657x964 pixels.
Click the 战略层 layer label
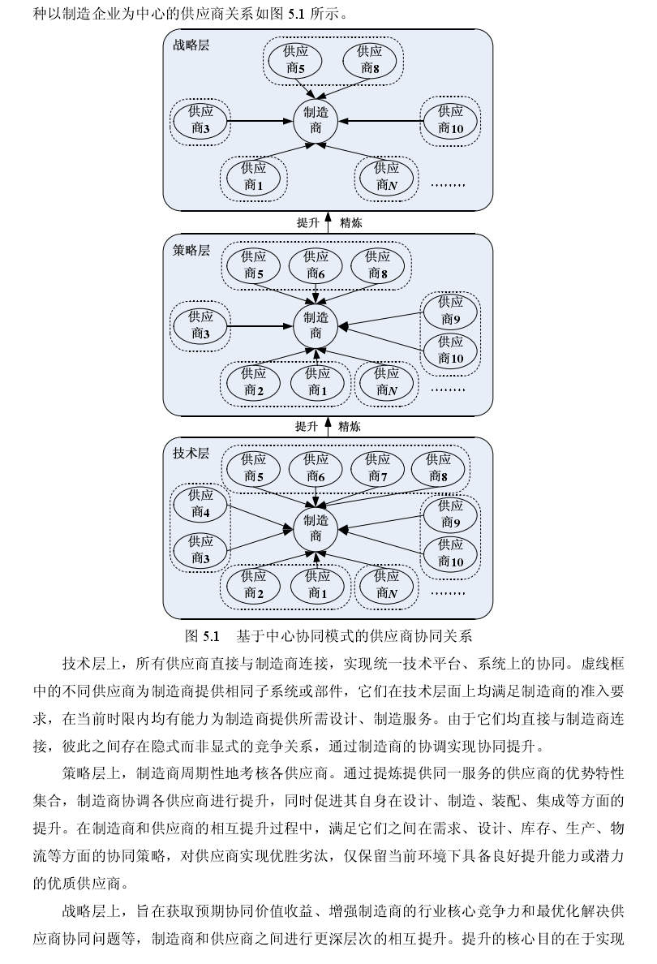(191, 45)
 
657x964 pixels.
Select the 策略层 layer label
(191, 250)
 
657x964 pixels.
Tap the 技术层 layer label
(191, 454)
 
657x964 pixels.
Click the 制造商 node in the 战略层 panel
(316, 120)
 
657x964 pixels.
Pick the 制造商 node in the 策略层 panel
(316, 325)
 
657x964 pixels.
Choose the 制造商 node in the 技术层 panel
(316, 528)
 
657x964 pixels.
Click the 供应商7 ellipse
(377, 468)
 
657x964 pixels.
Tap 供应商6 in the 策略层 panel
(316, 265)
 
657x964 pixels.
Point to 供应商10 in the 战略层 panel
(451, 120)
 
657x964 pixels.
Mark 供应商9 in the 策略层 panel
(451, 310)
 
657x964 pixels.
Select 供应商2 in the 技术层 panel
(254, 585)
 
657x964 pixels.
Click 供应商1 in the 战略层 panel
(254, 177)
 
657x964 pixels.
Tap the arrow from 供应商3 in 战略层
(260, 122)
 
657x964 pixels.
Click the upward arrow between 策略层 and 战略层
(328, 222)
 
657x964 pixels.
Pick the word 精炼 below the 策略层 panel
(350, 427)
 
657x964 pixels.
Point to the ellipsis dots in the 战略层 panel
(448, 185)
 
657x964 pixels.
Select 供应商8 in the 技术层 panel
(439, 468)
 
